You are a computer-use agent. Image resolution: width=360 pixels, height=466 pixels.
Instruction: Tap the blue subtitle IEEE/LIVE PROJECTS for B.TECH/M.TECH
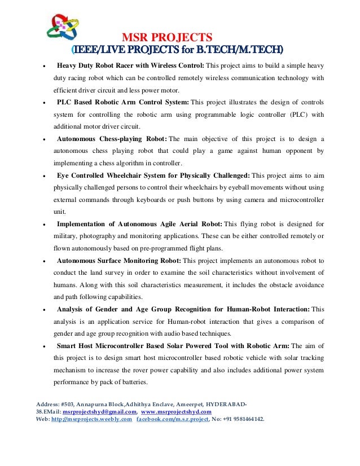(x=179, y=50)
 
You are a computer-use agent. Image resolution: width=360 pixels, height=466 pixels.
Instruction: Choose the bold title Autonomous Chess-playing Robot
(x=111, y=139)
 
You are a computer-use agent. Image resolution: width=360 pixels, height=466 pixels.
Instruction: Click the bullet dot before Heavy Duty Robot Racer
(x=44, y=66)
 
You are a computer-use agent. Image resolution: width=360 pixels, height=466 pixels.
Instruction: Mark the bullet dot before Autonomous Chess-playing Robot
(x=44, y=139)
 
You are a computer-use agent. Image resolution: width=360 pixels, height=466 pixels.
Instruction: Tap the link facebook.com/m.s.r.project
(x=173, y=420)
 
